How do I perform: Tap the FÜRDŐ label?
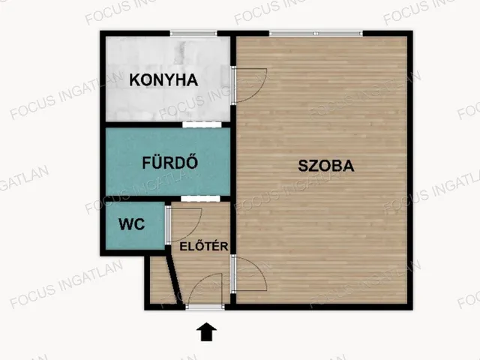(170, 161)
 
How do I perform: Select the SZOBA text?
(325, 166)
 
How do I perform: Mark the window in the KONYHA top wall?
(193, 34)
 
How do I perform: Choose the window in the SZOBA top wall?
(315, 34)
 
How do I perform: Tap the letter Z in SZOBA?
(311, 166)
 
